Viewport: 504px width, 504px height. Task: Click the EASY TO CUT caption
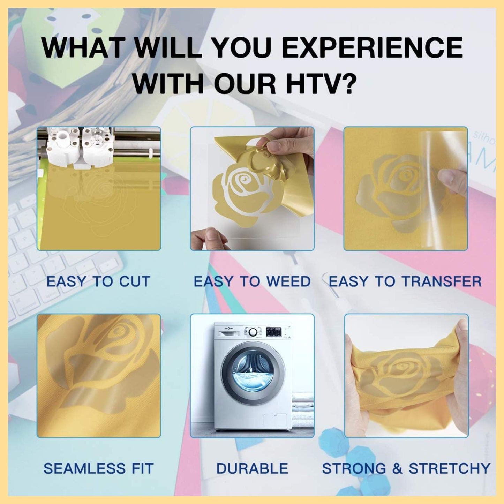[x=98, y=281]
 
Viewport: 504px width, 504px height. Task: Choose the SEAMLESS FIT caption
[x=98, y=468]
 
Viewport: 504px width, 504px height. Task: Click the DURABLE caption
[x=252, y=468]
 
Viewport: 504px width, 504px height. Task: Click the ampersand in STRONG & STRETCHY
[x=397, y=468]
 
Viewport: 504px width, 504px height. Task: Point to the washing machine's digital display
[x=273, y=331]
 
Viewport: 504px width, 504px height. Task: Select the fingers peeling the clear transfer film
[x=452, y=181]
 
